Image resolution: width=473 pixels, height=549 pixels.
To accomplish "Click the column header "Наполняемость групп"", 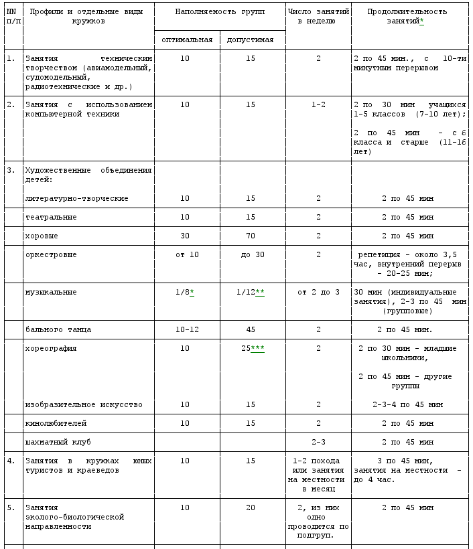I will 220,12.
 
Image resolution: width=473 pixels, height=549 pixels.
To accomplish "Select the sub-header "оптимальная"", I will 187,40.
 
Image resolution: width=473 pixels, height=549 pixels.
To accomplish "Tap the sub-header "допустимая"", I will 250,40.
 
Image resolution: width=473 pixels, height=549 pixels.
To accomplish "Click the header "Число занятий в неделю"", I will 318,16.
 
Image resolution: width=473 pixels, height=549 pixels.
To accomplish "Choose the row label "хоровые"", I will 42,236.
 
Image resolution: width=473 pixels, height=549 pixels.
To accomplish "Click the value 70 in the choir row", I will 251,236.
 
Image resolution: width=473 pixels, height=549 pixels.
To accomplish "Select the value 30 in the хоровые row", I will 185,236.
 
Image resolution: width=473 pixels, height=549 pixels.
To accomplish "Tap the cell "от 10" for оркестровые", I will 185,255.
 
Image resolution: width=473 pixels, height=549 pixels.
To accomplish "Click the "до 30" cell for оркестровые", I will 251,255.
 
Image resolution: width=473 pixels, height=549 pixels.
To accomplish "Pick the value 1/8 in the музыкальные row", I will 184,293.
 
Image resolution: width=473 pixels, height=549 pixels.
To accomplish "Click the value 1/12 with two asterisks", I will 250,293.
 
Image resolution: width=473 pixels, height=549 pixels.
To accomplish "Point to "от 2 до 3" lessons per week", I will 318,293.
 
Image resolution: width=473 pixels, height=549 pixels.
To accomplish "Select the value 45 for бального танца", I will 251,330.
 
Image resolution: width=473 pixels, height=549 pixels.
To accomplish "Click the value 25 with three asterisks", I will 250,349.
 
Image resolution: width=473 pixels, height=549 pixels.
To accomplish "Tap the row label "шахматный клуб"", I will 58,443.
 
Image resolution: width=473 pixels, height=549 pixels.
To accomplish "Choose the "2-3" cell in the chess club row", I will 318,443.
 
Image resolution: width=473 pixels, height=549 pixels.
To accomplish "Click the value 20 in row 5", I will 251,508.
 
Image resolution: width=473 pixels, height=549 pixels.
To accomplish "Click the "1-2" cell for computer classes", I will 318,105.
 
